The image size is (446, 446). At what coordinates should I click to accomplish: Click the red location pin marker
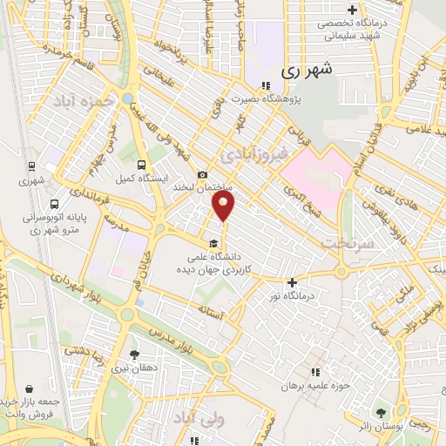[224, 206]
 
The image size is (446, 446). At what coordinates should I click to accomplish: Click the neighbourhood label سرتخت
[348, 244]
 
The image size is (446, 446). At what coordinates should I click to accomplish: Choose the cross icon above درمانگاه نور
[292, 282]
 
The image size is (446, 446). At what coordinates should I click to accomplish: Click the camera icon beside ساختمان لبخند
[202, 174]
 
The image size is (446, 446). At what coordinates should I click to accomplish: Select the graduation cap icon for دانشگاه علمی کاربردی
[213, 243]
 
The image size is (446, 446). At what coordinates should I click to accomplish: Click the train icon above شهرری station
[32, 166]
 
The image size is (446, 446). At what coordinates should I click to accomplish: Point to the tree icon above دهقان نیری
[133, 355]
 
